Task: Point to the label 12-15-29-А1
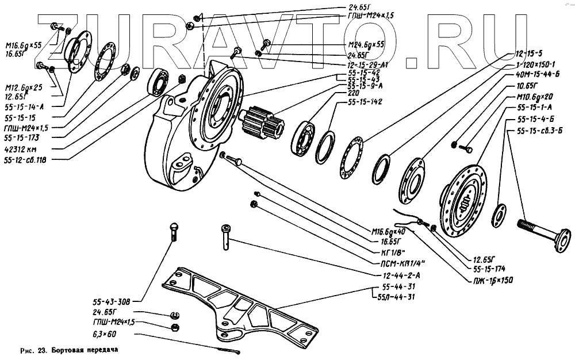tap(367, 64)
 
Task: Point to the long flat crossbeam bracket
tap(241, 305)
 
